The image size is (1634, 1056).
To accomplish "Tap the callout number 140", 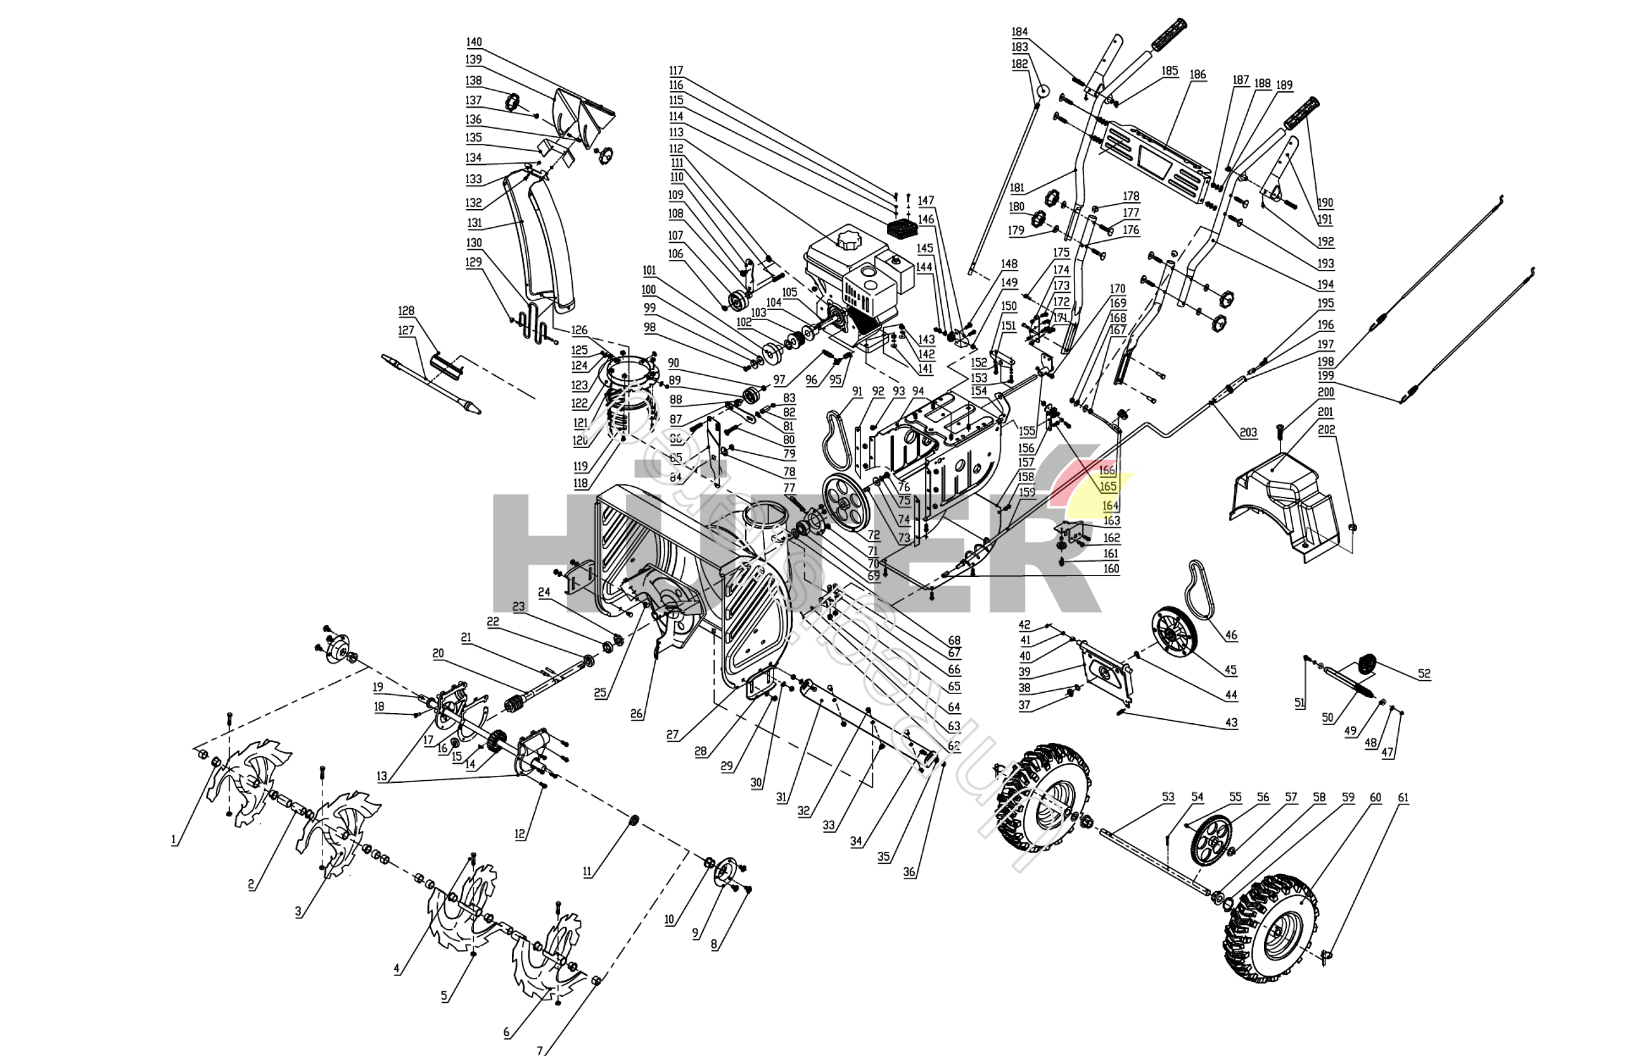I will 474,42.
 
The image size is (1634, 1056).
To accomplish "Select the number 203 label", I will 1248,432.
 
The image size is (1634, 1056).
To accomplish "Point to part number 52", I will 1424,674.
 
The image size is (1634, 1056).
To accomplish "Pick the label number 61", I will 1403,797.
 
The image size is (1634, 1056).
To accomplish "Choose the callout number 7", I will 539,1050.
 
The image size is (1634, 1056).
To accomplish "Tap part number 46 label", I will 1231,635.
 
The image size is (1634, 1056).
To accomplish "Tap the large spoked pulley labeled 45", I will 1173,636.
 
